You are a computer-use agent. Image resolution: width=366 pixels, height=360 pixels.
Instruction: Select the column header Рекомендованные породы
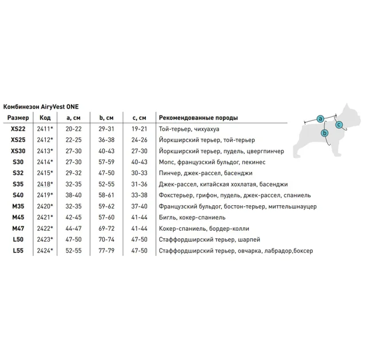click(x=198, y=118)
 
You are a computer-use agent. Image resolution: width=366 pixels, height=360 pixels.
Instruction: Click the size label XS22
click(x=18, y=129)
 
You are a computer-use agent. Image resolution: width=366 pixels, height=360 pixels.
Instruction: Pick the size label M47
click(x=18, y=229)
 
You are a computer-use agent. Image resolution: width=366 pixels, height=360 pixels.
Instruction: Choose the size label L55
click(x=18, y=251)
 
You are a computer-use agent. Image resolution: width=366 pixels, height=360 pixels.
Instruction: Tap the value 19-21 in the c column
click(x=140, y=129)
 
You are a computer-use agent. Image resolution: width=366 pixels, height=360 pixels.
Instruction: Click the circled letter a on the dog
click(x=320, y=118)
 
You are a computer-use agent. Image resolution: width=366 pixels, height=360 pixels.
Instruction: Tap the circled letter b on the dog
click(x=325, y=134)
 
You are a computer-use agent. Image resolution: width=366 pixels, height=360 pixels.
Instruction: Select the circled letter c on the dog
click(x=339, y=125)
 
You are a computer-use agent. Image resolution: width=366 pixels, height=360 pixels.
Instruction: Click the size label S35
click(x=18, y=184)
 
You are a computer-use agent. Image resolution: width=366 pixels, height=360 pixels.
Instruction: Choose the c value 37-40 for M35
click(x=140, y=206)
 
